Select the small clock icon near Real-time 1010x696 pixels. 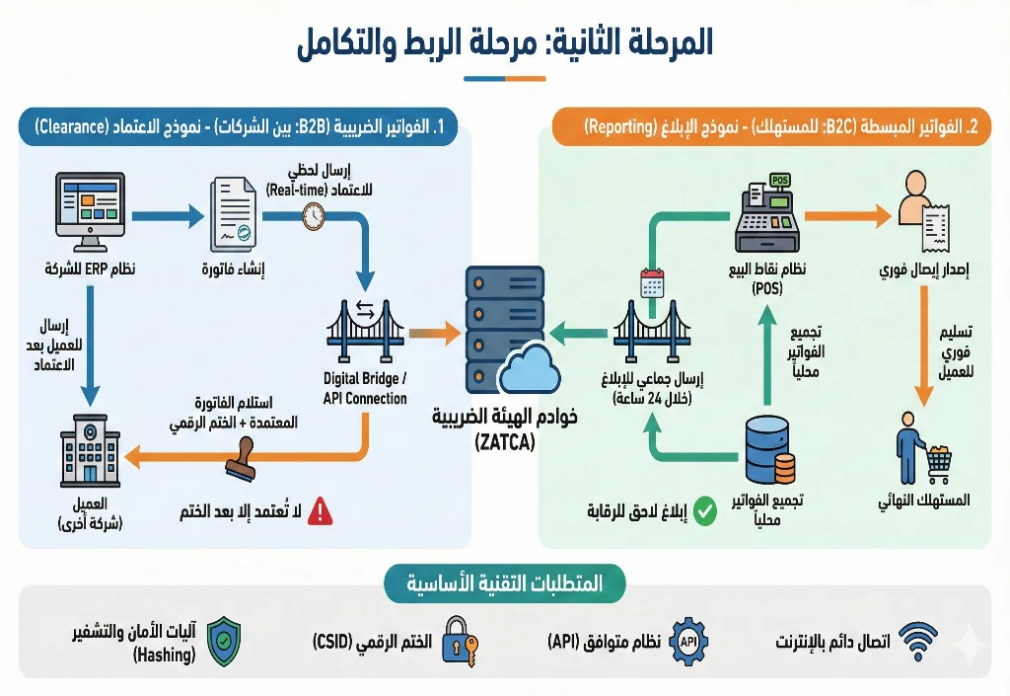coord(314,216)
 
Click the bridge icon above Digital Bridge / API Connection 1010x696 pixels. coord(365,332)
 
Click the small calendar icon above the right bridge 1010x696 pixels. coord(652,284)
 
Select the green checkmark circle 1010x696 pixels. coord(704,511)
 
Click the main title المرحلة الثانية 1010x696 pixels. coord(504,42)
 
